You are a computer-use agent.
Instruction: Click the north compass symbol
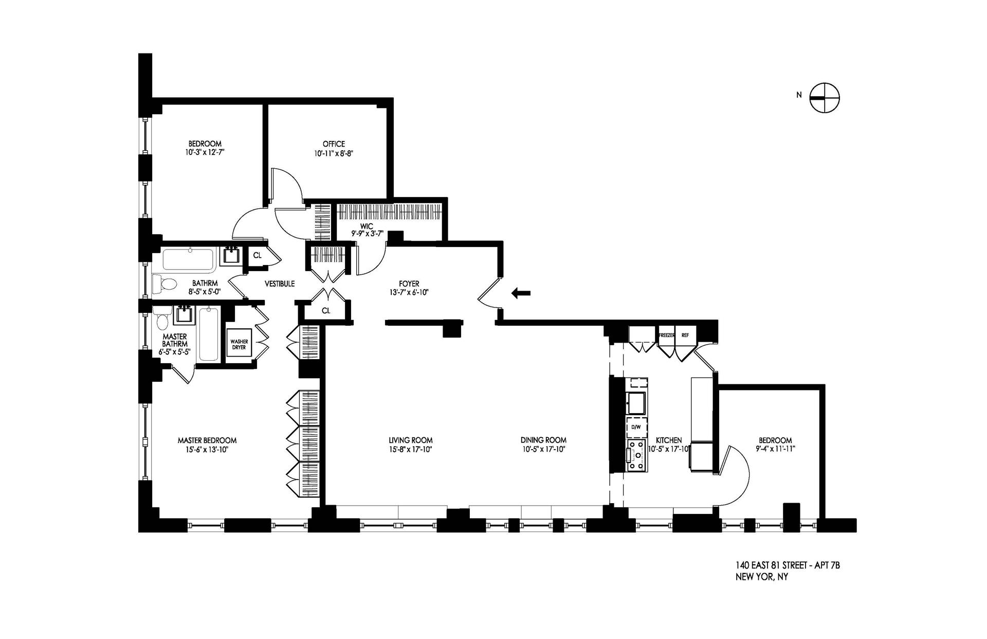[825, 97]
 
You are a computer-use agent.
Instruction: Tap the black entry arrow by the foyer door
[521, 293]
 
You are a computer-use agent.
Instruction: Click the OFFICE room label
[334, 144]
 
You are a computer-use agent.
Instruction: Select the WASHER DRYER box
[239, 344]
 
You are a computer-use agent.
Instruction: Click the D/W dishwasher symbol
[636, 427]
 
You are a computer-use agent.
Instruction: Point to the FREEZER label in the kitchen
[666, 335]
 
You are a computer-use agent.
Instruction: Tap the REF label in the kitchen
[685, 335]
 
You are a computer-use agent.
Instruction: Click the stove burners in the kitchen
[636, 455]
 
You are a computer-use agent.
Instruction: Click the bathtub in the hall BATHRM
[189, 260]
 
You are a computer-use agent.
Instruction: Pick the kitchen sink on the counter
[636, 402]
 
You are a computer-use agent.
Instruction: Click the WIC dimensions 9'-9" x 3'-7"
[367, 233]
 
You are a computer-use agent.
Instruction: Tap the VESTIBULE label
[280, 283]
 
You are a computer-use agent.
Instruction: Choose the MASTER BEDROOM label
[207, 440]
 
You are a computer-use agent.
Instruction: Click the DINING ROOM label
[543, 440]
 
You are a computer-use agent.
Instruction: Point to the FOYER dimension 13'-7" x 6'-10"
[409, 292]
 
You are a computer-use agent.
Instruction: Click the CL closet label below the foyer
[326, 311]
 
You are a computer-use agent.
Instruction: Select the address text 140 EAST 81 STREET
[773, 566]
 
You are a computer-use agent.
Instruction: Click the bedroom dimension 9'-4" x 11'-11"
[775, 449]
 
